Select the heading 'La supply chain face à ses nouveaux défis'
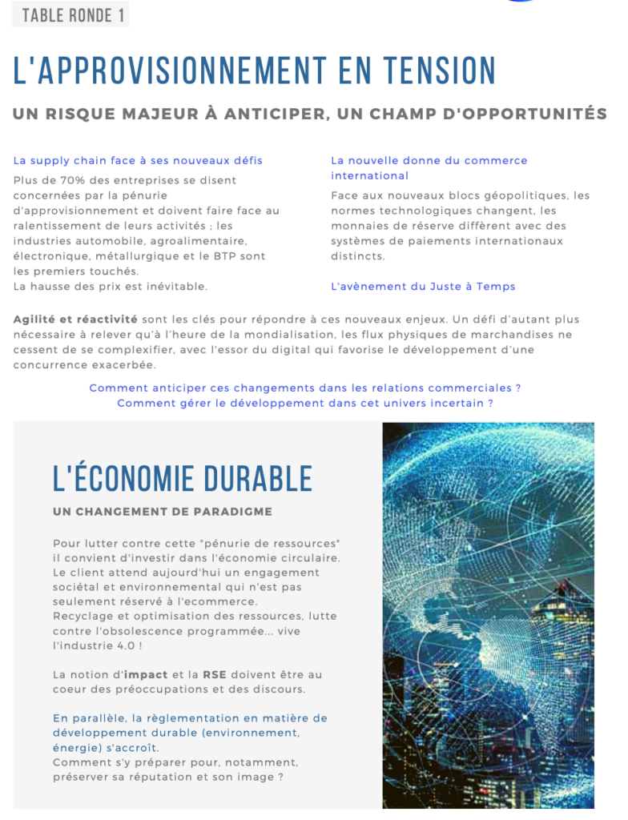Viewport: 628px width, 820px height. [138, 160]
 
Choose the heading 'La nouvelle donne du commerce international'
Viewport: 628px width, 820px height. [429, 167]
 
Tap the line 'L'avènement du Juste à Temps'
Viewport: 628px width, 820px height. [423, 286]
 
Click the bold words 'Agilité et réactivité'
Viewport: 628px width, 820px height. [75, 320]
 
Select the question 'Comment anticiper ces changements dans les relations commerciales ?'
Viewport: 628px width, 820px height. [305, 388]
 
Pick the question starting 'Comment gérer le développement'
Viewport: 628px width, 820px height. [305, 403]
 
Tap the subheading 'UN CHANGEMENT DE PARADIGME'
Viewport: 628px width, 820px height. [163, 511]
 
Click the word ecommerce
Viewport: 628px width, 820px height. [221, 601]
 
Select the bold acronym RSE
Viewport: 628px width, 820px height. [214, 674]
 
